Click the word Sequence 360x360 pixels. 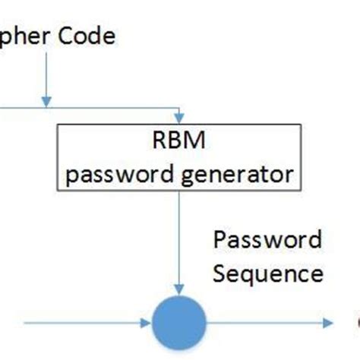pyautogui.click(x=268, y=273)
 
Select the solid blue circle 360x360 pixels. pyautogui.click(x=179, y=323)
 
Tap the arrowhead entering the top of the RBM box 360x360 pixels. pyautogui.click(x=179, y=118)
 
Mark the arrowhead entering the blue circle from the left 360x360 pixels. pyautogui.click(x=147, y=323)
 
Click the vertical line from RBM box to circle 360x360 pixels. pyautogui.click(x=179, y=235)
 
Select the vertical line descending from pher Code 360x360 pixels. pyautogui.click(x=46, y=76)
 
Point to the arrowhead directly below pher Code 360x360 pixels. pyautogui.click(x=46, y=101)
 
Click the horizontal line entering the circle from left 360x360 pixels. pyautogui.click(x=84, y=323)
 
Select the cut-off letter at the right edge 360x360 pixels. pyautogui.click(x=357, y=323)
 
